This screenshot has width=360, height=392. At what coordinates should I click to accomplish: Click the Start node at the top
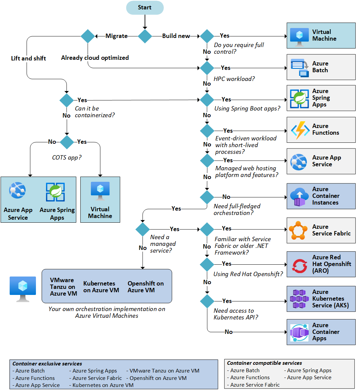pos(145,8)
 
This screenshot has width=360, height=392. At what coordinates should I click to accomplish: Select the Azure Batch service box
pos(321,67)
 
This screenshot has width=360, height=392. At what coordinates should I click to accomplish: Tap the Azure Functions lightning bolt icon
pos(300,130)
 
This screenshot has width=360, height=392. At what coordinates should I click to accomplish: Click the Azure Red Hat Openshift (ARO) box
pos(321,264)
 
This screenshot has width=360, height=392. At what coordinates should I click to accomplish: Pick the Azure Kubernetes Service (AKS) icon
pos(299,299)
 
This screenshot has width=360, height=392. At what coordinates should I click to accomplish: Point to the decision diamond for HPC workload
pos(207,68)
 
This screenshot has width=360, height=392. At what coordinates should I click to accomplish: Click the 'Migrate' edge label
pos(116,36)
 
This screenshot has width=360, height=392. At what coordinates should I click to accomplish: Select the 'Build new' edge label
pos(176,36)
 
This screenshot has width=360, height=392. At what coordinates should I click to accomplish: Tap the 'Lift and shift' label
pos(29,58)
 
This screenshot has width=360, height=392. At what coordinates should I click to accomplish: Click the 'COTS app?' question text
pos(67,158)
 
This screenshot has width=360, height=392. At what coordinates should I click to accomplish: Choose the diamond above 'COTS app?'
pos(67,142)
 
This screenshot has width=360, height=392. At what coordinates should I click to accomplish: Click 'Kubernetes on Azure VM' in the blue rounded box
pos(101,287)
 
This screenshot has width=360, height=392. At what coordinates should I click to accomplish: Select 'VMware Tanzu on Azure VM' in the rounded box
pos(63,287)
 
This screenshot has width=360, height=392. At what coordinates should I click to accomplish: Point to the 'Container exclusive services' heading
pos(47,364)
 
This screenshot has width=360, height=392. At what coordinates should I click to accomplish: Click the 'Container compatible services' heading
pos(264,363)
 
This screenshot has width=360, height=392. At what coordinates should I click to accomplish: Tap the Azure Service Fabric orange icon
pos(298,230)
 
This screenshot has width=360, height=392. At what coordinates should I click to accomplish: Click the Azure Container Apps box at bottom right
pos(321,332)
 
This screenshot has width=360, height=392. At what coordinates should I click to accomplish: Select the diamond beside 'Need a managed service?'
pos(142,229)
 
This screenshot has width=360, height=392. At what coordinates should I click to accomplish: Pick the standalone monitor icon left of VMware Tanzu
pos(23,289)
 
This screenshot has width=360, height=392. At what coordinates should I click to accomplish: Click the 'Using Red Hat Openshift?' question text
pos(248,274)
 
